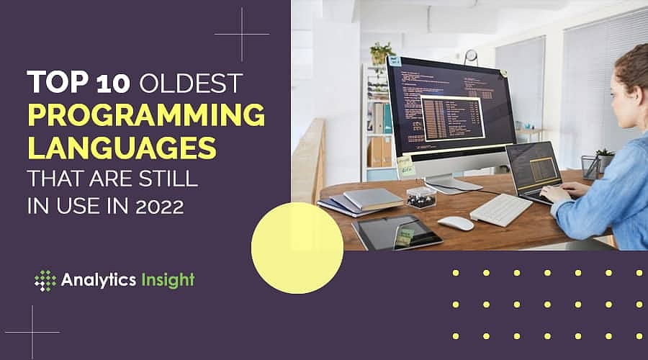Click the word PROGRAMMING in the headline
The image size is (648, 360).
[145, 116]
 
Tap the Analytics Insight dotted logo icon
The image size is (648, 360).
[45, 280]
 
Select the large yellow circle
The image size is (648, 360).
[297, 248]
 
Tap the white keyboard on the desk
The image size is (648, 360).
[501, 210]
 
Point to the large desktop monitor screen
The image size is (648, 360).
[450, 108]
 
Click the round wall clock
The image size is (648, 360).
[471, 56]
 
